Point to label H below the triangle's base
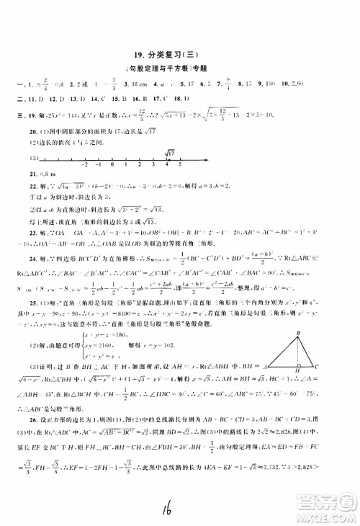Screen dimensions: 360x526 pos(298,333)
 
